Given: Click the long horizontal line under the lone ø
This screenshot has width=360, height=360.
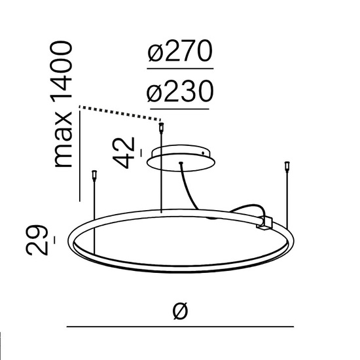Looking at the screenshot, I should pyautogui.click(x=180, y=326).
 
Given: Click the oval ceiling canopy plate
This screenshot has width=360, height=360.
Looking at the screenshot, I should pyautogui.click(x=183, y=156).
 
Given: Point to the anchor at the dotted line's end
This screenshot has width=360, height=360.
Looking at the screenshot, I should pyautogui.click(x=161, y=123).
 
